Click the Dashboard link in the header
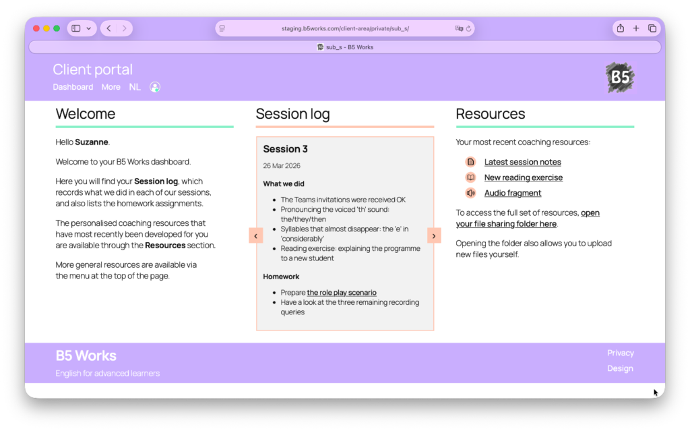[x=73, y=87]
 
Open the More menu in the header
[x=111, y=87]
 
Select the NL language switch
[x=135, y=87]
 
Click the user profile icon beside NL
[x=155, y=87]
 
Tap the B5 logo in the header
[x=620, y=78]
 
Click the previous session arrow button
[x=255, y=236]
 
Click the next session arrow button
[x=434, y=236]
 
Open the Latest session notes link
[x=523, y=162]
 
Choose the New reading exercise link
[x=524, y=177]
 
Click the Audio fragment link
[x=513, y=193]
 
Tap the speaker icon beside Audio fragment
[x=471, y=193]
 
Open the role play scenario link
[x=342, y=293]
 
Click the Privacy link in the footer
[x=621, y=353]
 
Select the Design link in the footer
[x=620, y=368]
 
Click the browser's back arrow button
[x=108, y=28]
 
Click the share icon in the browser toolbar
[x=621, y=28]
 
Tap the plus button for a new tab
[x=636, y=28]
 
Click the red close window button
[x=36, y=28]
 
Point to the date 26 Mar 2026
[x=282, y=166]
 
